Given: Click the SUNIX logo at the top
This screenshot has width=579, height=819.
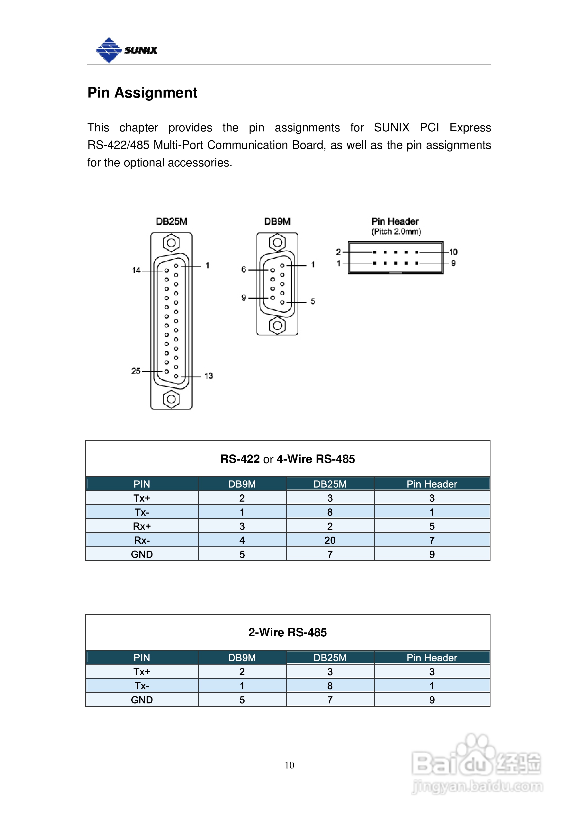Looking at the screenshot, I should click(x=127, y=50).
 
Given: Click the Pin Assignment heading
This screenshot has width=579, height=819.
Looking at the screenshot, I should click(x=142, y=93).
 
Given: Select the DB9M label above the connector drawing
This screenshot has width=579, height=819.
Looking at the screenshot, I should click(x=277, y=222).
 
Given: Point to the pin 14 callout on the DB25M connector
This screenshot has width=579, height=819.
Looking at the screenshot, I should click(x=136, y=270).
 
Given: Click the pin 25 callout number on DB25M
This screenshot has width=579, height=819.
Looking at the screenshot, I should click(x=135, y=371).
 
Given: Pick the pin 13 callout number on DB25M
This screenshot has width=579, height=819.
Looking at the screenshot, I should click(x=208, y=376).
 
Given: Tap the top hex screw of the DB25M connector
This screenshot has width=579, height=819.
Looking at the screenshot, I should click(x=171, y=243).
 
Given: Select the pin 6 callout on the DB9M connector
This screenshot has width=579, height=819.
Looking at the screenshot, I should click(x=244, y=269).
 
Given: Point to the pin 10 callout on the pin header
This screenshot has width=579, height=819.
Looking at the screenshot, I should click(x=453, y=252).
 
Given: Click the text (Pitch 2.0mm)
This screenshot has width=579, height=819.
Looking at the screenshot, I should click(x=396, y=231).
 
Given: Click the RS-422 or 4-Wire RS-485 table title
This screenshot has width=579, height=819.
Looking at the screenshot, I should click(x=287, y=459).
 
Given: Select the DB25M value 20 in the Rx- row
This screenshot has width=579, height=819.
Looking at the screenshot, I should click(x=330, y=540).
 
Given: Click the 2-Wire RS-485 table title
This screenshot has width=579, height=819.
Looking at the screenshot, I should click(x=287, y=632).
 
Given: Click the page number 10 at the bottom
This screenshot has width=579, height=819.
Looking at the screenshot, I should click(x=289, y=765).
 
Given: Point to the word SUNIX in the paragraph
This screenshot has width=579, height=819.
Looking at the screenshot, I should click(x=391, y=127).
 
